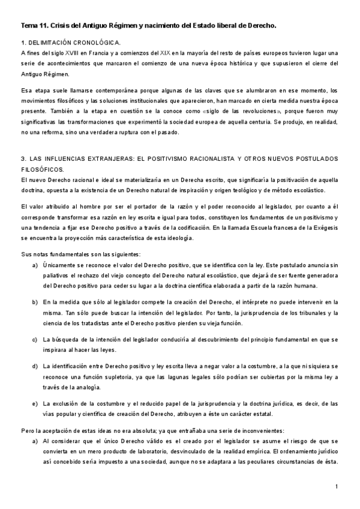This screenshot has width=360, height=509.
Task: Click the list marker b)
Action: coord(35,303)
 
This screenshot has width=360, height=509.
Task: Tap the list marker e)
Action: coord(35,403)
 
